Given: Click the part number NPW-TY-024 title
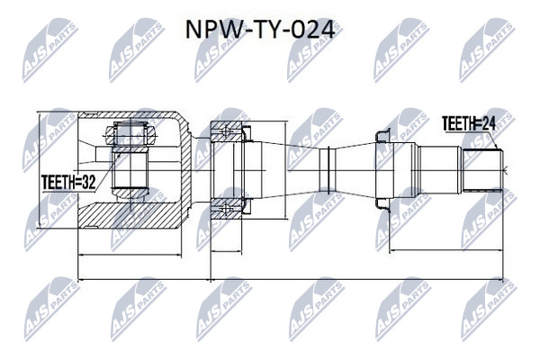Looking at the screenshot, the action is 260,30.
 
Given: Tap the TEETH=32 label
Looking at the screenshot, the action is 68,182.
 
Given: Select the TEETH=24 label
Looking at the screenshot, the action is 469,123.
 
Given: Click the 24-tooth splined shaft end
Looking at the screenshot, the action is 482,170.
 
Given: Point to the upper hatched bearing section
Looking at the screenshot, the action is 226,131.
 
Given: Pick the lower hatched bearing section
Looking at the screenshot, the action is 226,209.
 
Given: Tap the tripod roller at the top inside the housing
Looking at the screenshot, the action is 130,133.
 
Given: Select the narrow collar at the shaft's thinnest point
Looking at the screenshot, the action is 328,169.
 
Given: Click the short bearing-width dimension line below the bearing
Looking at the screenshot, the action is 226,252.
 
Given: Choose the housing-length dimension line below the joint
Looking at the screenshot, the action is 130,256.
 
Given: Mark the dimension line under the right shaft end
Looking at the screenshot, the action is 446,250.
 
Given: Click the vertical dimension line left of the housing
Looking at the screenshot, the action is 40,170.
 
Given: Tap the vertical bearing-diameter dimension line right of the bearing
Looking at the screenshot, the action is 285,170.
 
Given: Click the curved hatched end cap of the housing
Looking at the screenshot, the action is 185,170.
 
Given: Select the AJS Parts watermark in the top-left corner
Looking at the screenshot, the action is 50,50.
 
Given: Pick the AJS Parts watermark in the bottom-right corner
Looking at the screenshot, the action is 489,309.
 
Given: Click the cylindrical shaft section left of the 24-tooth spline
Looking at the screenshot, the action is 439,170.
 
